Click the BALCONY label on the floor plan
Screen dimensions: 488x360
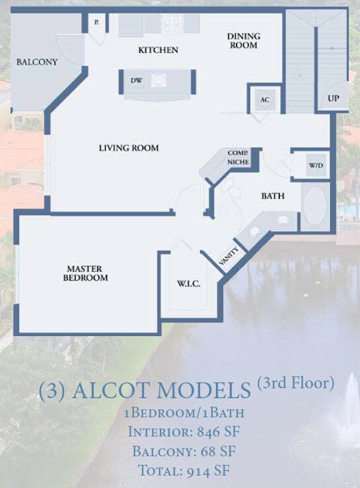click(x=37, y=62)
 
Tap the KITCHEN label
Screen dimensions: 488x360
click(x=158, y=50)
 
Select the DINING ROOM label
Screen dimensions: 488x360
click(x=244, y=40)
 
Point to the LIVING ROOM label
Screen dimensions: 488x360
click(x=129, y=148)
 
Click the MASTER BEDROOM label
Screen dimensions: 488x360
click(x=85, y=273)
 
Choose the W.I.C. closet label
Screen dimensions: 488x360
click(x=188, y=283)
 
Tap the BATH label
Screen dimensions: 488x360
click(x=273, y=196)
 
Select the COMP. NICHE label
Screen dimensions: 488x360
click(x=238, y=157)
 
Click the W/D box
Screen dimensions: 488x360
click(x=314, y=165)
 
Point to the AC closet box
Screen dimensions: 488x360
click(x=264, y=100)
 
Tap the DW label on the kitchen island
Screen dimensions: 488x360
click(x=137, y=81)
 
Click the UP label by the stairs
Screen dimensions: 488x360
click(x=334, y=98)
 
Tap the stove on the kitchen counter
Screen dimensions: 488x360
click(x=172, y=24)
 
